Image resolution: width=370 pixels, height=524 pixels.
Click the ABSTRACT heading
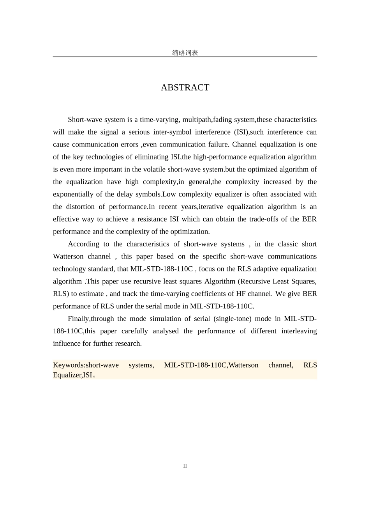click(185, 88)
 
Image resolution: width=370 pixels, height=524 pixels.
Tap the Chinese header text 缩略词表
click(185, 53)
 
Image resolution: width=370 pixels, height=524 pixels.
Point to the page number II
click(185, 466)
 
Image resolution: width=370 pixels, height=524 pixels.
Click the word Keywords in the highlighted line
click(68, 365)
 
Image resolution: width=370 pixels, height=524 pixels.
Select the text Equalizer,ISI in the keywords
click(72, 375)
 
